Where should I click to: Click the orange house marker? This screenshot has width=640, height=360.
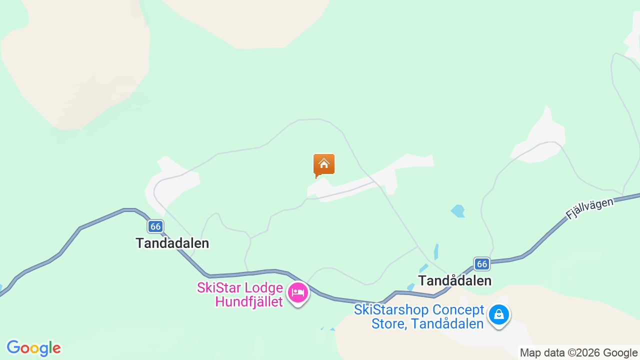tap(324, 165)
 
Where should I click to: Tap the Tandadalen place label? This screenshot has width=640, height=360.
tap(172, 243)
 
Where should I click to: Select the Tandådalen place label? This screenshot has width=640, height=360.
tap(455, 280)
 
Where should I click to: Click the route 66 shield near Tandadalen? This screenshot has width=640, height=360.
tap(155, 226)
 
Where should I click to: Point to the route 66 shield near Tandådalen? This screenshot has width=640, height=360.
tap(481, 263)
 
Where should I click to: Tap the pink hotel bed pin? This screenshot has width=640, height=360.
tap(298, 292)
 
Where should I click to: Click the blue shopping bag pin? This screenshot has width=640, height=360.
tap(498, 315)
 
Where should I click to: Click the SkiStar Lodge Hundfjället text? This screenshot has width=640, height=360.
tap(240, 295)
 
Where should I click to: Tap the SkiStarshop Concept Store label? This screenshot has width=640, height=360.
tap(419, 316)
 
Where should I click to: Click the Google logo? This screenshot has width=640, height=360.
tap(33, 348)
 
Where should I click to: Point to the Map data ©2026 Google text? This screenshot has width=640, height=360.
tap(578, 353)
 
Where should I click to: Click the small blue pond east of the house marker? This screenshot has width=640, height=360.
tap(458, 211)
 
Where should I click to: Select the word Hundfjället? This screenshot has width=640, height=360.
tap(249, 302)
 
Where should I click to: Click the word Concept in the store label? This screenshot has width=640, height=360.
tap(459, 310)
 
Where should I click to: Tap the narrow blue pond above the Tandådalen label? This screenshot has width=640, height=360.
tap(436, 251)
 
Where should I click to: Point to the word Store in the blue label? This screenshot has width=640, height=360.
tap(387, 323)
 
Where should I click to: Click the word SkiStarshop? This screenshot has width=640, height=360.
tap(391, 310)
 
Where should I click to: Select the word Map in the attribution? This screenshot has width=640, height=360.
tap(530, 353)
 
